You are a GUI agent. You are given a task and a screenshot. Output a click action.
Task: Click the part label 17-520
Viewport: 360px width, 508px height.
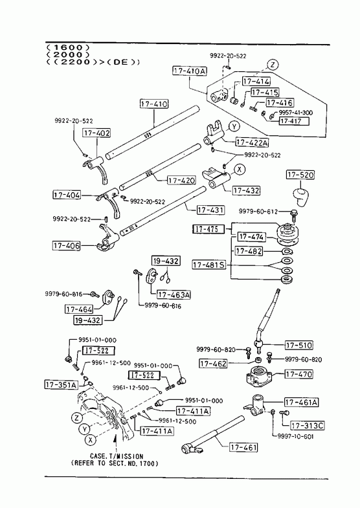point(300,175)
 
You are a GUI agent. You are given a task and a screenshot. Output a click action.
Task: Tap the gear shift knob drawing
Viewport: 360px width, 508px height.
point(300,196)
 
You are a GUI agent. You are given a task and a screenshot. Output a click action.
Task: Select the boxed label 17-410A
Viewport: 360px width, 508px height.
point(190,71)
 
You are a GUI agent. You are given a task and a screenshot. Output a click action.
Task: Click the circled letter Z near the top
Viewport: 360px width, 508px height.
point(273,65)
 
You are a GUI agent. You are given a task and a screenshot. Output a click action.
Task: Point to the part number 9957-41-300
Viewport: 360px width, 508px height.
point(295,113)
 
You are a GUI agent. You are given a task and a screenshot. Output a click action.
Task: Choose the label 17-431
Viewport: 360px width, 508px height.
point(210,210)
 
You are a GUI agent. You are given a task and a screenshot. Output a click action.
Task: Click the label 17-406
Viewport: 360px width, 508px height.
point(67,245)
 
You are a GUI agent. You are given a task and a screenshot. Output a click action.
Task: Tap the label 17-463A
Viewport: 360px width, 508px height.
point(174,294)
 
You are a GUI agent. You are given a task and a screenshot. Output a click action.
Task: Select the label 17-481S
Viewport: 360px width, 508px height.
point(209,265)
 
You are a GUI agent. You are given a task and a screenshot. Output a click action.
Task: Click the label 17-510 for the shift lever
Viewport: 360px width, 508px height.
point(299,346)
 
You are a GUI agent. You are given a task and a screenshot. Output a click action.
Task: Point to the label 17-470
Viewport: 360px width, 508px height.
point(299,374)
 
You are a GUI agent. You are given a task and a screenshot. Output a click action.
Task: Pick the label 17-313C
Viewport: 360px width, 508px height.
point(308,425)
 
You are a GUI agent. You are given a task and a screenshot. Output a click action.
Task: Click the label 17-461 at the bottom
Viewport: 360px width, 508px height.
point(243,448)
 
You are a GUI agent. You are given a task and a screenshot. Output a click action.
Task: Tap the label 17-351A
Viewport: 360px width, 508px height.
point(62,385)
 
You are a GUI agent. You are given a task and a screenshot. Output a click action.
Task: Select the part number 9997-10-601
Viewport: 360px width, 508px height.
point(295,437)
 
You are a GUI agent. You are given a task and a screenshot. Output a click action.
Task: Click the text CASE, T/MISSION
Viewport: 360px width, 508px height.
point(117,456)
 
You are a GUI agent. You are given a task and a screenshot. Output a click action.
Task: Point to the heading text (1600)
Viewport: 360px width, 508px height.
point(67,48)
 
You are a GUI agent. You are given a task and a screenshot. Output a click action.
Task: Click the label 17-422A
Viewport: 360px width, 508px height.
point(252,142)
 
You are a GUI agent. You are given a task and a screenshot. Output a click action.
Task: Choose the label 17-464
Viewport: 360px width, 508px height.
point(79,309)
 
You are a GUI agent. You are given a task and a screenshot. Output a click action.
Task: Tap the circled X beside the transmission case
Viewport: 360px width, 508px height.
point(91,440)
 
